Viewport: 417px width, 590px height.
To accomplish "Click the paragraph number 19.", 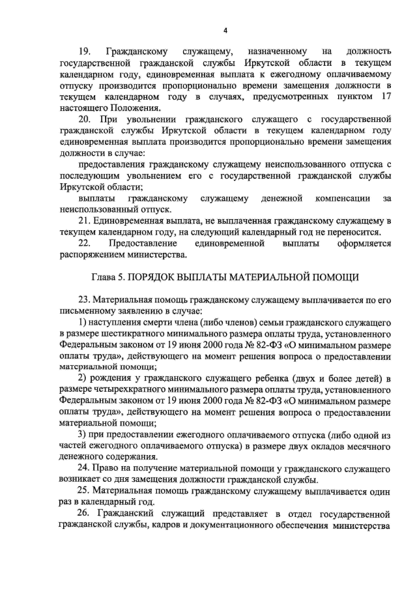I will pyautogui.click(x=84, y=51).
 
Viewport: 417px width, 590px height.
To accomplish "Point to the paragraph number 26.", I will pyautogui.click(x=85, y=514).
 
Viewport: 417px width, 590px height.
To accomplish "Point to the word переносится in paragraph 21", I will pyautogui.click(x=356, y=233).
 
